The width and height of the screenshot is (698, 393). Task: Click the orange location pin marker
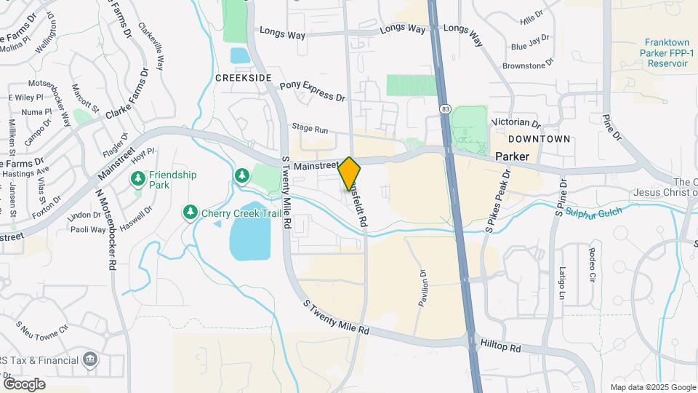[x=350, y=174]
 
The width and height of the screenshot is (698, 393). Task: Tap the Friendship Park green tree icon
[x=137, y=178]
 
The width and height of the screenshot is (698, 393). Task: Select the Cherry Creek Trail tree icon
[x=190, y=212]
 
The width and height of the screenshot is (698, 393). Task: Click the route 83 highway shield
[x=444, y=108]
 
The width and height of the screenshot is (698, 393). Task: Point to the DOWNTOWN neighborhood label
[x=539, y=138]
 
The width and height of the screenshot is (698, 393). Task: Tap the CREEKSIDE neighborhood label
[x=244, y=78]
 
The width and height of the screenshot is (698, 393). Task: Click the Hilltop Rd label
[x=501, y=347]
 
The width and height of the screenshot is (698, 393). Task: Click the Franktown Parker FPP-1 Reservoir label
[x=663, y=53]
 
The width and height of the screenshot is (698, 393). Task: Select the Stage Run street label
[x=310, y=127]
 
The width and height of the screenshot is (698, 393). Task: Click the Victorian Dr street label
[x=516, y=123]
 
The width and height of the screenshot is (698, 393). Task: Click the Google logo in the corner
[x=24, y=384]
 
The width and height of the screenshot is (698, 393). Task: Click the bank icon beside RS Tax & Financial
[x=90, y=359]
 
